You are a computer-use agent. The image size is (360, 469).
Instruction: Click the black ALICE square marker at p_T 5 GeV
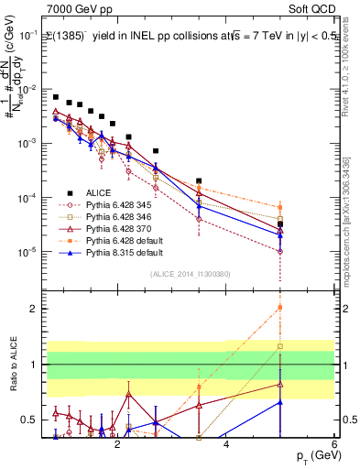tap(280, 224)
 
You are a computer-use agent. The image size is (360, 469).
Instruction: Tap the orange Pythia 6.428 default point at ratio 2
tap(280, 308)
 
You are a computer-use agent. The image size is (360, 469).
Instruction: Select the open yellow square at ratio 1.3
tap(280, 346)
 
